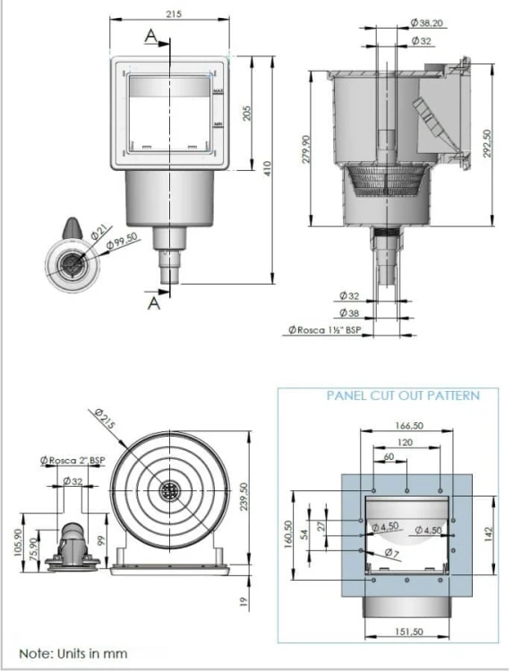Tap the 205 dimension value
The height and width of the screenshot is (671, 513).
pos(246,114)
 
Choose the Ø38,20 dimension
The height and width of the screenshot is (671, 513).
pos(427,23)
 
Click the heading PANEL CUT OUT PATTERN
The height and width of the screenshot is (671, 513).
pos(402,395)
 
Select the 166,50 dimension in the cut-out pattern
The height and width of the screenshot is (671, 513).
pos(407,427)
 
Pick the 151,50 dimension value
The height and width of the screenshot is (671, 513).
pos(408,633)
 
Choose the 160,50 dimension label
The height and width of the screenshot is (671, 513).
pos(288,538)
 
